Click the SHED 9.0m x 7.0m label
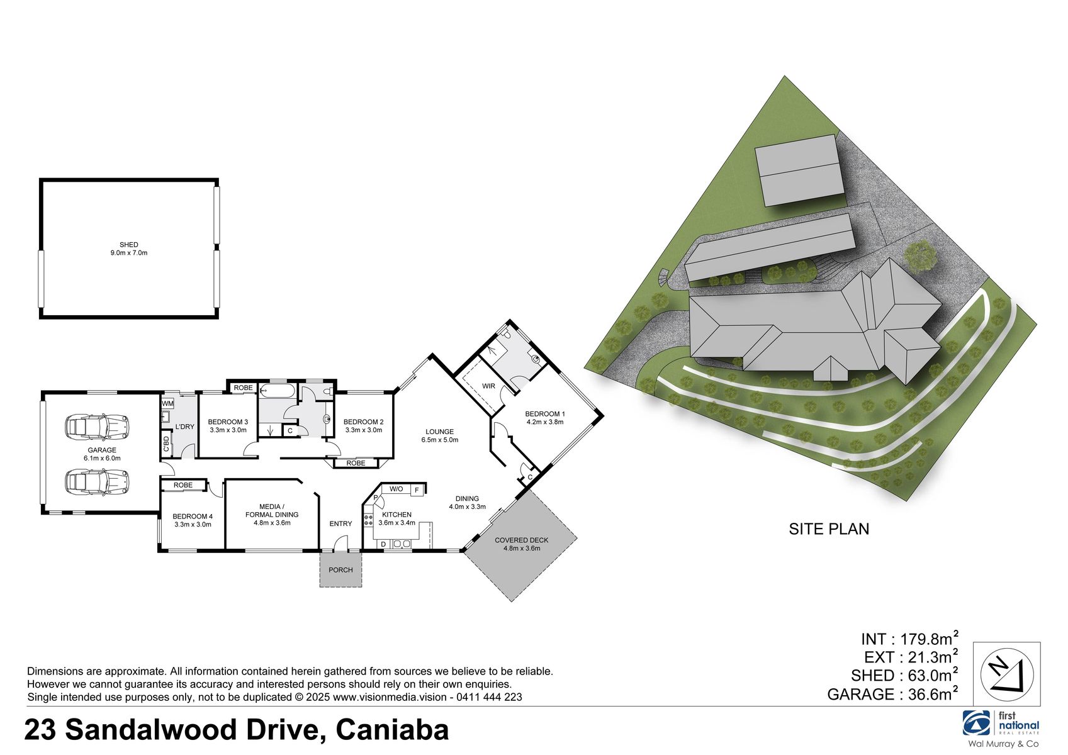tap(128, 249)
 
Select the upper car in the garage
tap(97, 427)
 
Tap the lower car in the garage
tap(97, 483)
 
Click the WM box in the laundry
tap(167, 403)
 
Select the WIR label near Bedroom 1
tap(488, 386)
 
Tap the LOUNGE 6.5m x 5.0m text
tap(439, 436)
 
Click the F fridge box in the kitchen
tap(417, 489)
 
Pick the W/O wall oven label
tap(396, 489)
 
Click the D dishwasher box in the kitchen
tap(383, 544)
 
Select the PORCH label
tap(340, 570)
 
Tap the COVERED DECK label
tap(521, 544)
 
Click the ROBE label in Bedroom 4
tap(183, 485)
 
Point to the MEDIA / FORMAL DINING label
tap(272, 515)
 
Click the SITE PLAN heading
tap(829, 529)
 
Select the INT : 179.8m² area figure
tap(909, 639)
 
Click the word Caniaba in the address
tap(392, 730)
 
